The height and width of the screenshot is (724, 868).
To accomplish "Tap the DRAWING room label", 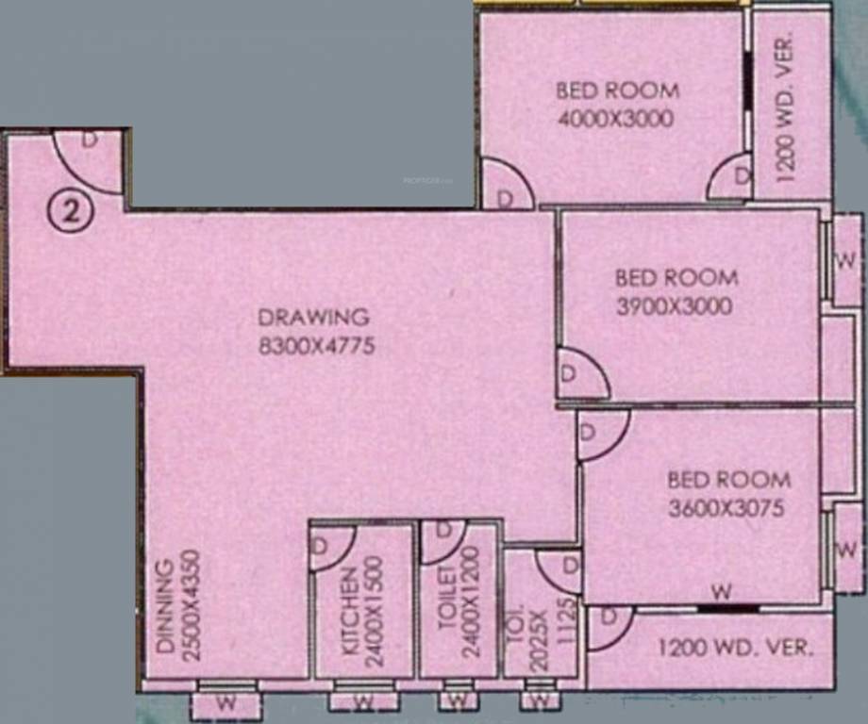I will (x=314, y=317).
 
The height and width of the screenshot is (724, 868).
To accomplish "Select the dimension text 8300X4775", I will (x=317, y=346).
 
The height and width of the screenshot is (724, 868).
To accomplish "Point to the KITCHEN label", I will (x=350, y=611).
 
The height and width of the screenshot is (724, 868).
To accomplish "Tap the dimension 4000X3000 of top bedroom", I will (x=615, y=119).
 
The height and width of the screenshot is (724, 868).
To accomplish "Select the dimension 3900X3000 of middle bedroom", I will (x=675, y=306).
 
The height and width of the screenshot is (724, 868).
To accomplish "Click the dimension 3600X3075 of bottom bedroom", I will (x=726, y=509).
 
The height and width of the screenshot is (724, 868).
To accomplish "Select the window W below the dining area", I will (x=225, y=702).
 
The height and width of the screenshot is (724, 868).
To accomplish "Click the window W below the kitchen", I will (x=362, y=702).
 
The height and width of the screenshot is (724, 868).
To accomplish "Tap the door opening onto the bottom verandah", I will (x=609, y=628).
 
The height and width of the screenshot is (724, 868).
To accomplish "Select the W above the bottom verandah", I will (x=722, y=593).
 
